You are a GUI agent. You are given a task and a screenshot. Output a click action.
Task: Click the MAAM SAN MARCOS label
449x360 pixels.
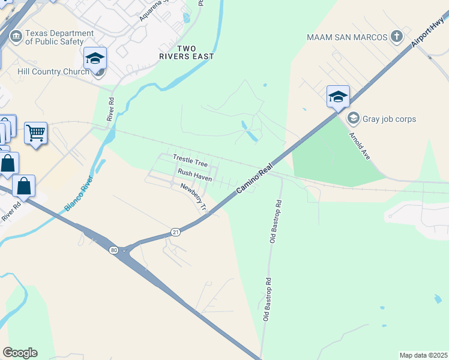[347, 37]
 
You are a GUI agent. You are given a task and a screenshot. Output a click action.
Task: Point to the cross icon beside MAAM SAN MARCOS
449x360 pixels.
[396, 37]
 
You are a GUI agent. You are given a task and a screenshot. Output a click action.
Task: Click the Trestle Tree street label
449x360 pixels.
[190, 160]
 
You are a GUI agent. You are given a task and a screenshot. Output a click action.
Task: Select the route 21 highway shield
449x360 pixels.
[175, 232]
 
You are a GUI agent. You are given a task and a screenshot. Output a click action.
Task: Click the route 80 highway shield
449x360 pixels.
[113, 250]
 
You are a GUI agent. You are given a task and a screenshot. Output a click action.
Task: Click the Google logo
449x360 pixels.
[20, 353]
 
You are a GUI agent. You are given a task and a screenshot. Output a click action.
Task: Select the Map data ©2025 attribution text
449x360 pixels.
[423, 355]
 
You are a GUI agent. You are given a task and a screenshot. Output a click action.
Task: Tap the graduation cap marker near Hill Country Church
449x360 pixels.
[95, 58]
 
